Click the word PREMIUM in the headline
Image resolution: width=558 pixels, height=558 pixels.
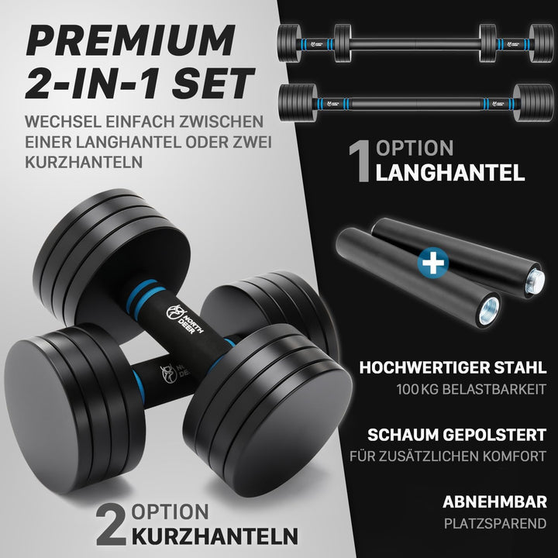tap(131, 40)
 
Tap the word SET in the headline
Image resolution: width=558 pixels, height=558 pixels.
tap(214, 83)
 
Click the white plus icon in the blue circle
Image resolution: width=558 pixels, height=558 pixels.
tap(432, 263)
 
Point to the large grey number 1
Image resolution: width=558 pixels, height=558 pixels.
tap(360, 162)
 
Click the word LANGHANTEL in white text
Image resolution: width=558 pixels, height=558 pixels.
tap(450, 173)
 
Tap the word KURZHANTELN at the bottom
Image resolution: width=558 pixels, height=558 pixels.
tap(215, 536)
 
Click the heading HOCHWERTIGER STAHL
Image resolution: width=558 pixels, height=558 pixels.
tap(453, 367)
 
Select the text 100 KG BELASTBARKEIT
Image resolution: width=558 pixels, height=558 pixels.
tap(471, 389)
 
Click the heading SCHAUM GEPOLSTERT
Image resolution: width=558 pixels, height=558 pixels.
tap(457, 435)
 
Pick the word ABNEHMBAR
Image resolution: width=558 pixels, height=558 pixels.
tap(494, 501)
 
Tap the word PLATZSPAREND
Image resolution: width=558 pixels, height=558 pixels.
tap(495, 523)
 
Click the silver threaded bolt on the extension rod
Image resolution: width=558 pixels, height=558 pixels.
tap(536, 279)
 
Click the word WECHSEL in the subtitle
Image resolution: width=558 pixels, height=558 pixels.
tap(63, 122)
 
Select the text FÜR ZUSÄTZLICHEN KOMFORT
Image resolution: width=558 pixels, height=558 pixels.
tap(448, 456)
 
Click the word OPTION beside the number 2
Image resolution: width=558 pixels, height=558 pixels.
tap(170, 511)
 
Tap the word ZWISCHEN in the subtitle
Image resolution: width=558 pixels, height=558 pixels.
tap(221, 122)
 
